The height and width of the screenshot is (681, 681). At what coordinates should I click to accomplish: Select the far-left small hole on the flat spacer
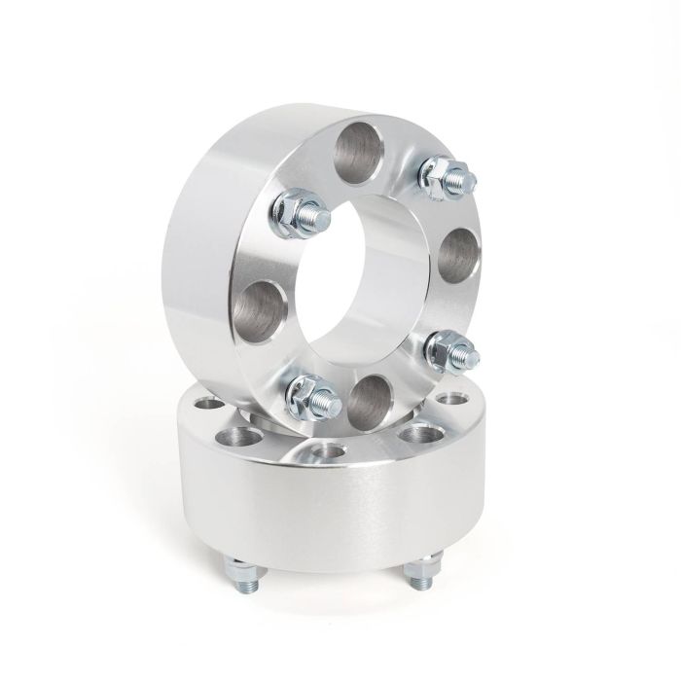[x=207, y=404]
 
